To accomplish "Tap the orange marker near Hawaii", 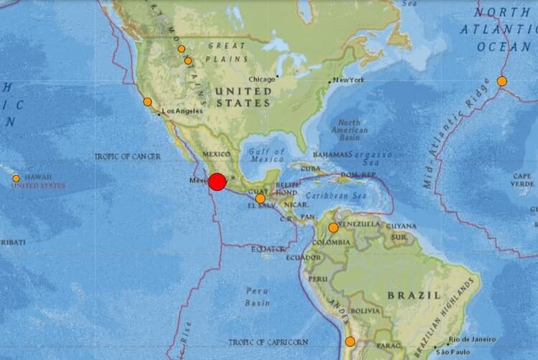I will pos(16,179).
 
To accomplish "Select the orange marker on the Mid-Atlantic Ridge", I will pos(502,81).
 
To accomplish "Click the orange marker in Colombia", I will pos(334,228).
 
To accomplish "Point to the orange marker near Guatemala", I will pos(260,199).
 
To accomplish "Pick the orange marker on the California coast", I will pos(148,102).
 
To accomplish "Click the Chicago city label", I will pos(262,79).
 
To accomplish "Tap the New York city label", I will pos(349,80).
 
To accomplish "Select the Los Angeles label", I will pos(184,111).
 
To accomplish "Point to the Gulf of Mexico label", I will pos(268,156).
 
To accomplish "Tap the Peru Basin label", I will pos(257,297).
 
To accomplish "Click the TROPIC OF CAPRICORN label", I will pos(268,342).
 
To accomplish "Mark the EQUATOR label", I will pos(267,249).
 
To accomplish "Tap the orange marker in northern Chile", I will pos(350,341).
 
